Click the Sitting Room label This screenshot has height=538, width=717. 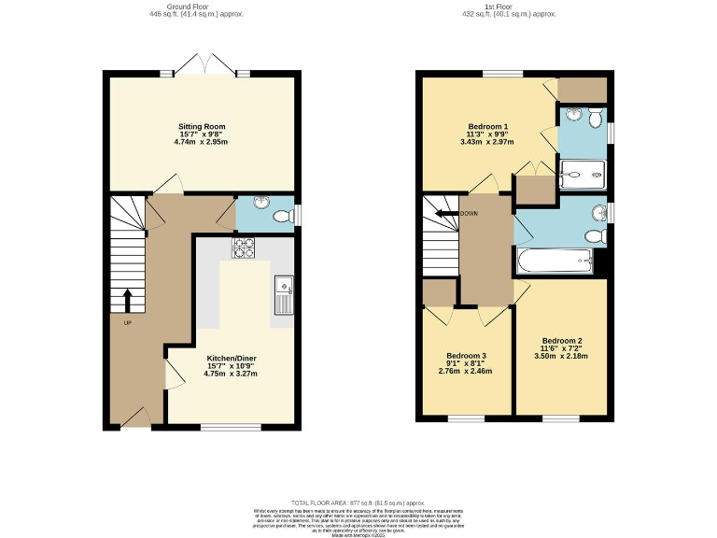point(203,125)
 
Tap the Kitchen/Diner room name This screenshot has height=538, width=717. point(231,357)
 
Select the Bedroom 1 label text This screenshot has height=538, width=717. point(487,127)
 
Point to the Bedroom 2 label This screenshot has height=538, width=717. point(562,340)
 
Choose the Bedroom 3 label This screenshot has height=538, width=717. point(466,356)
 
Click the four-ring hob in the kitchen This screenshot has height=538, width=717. point(244,248)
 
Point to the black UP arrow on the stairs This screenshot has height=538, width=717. point(128,300)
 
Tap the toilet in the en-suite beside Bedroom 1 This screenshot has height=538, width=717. point(594,117)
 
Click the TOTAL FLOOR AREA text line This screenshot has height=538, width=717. point(358,503)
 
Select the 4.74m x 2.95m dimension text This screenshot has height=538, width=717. point(203,142)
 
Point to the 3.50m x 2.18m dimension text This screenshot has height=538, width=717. point(562,356)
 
